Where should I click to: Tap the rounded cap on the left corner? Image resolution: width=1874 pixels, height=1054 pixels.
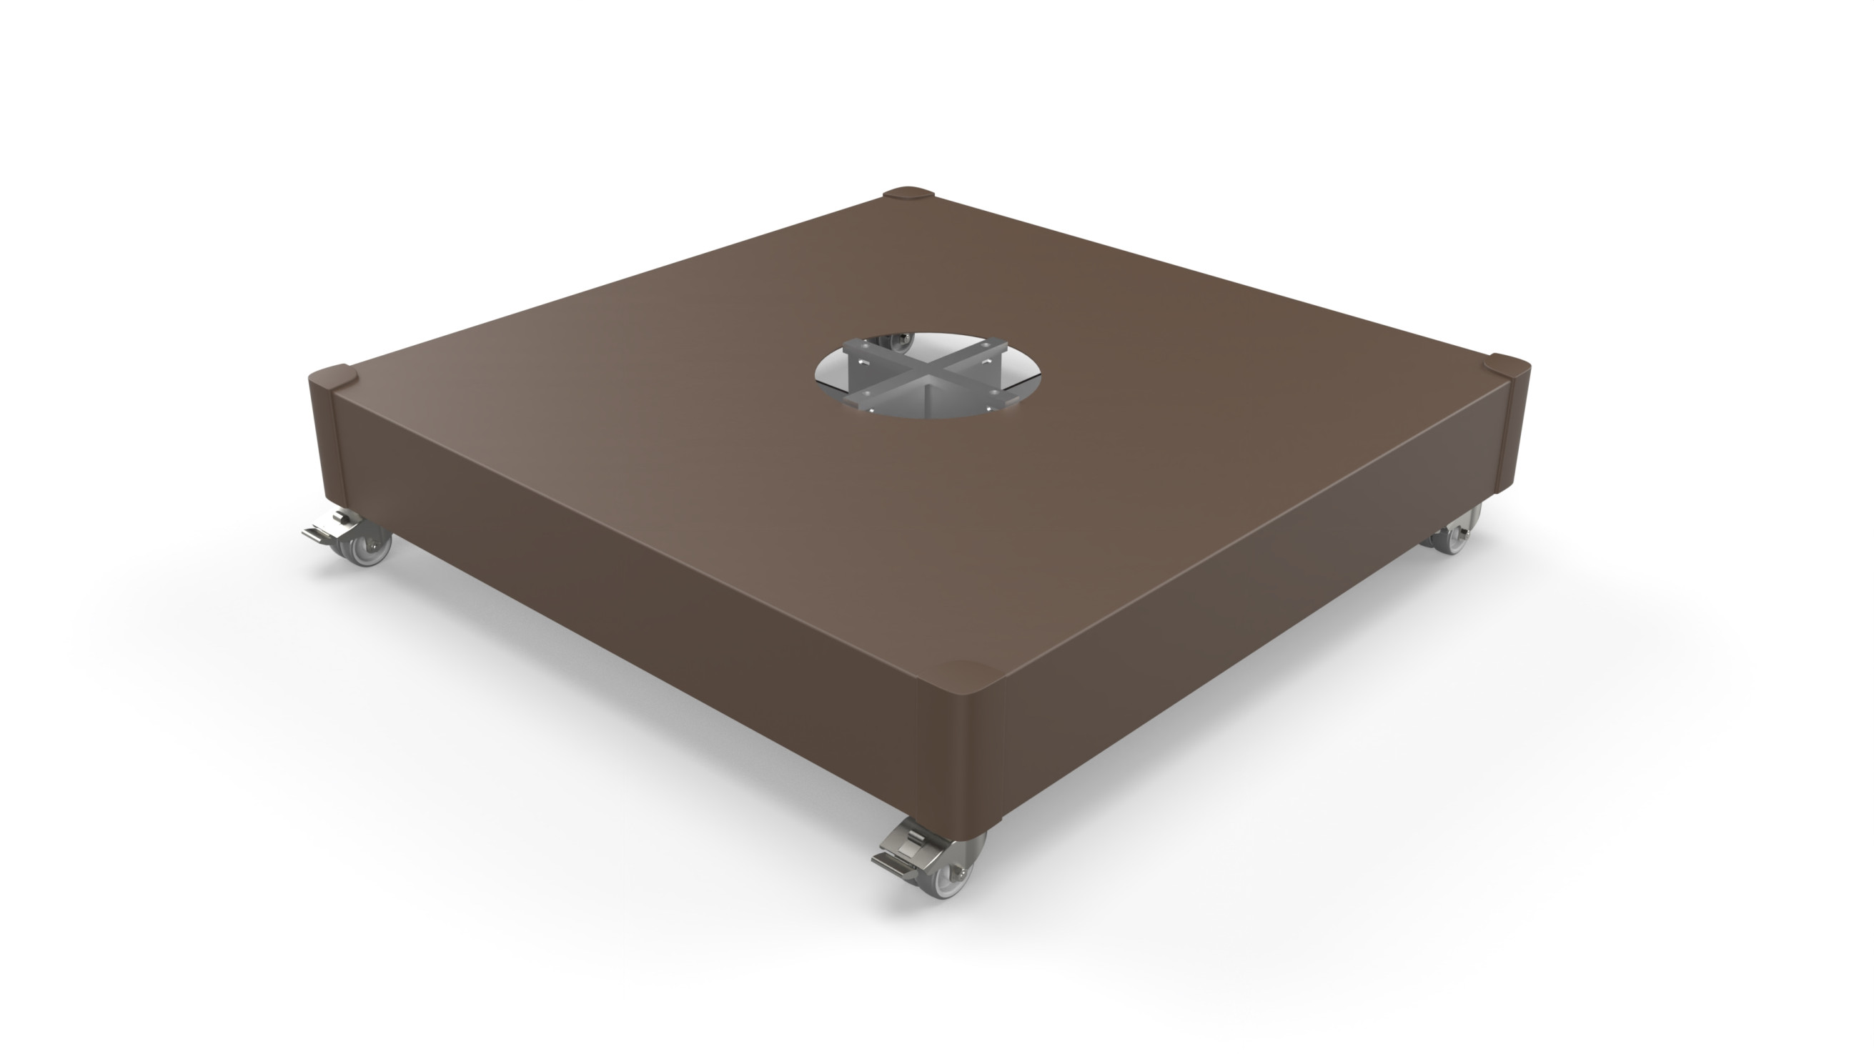[x=333, y=378]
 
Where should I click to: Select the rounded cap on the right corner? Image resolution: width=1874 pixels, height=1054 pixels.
[x=1507, y=364]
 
